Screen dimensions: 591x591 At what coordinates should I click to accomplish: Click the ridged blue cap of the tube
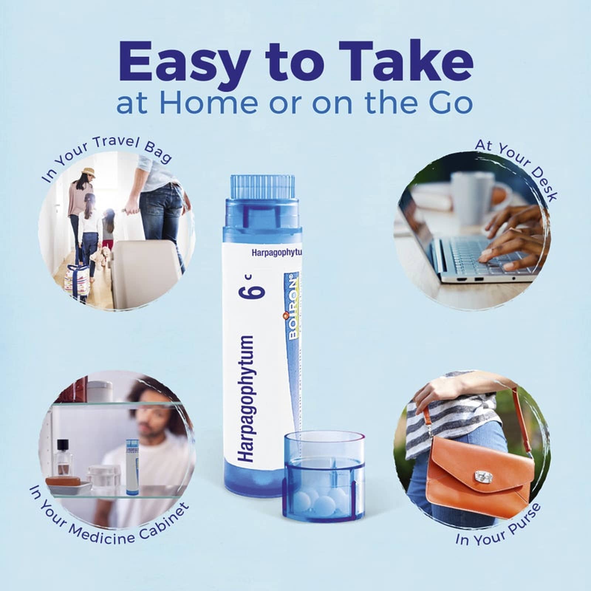(263, 188)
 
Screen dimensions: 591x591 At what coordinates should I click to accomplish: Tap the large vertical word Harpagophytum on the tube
(245, 399)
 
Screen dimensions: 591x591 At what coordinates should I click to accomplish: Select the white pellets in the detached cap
(321, 499)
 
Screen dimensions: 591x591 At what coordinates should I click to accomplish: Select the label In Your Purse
(499, 525)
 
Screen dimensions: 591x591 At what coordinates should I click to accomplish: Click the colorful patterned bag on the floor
(76, 281)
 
